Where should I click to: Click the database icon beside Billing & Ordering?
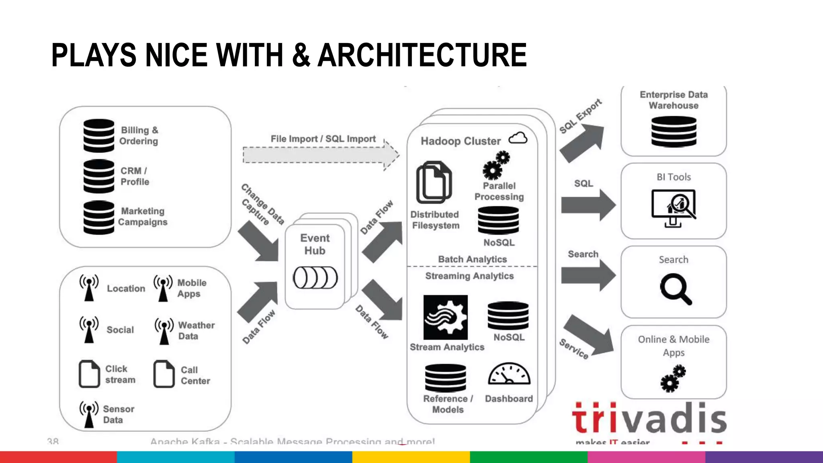(x=99, y=136)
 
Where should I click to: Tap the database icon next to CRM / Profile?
(x=99, y=176)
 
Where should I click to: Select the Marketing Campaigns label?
(x=143, y=217)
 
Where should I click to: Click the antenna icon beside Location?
(x=89, y=287)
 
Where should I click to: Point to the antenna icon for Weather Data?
(x=164, y=331)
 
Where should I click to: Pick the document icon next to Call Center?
(x=164, y=374)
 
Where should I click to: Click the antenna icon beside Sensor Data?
(x=89, y=414)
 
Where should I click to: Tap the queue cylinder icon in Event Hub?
(x=315, y=278)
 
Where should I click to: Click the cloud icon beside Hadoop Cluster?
(x=518, y=139)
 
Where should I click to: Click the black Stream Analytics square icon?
(x=445, y=318)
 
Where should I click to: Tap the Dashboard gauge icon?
(x=509, y=374)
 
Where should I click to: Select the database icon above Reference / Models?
(x=446, y=378)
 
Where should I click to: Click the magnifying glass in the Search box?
(x=676, y=289)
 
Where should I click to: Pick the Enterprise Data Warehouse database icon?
(x=674, y=131)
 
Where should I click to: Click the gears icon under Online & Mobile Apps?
(x=673, y=378)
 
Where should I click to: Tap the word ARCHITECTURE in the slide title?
(x=422, y=55)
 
